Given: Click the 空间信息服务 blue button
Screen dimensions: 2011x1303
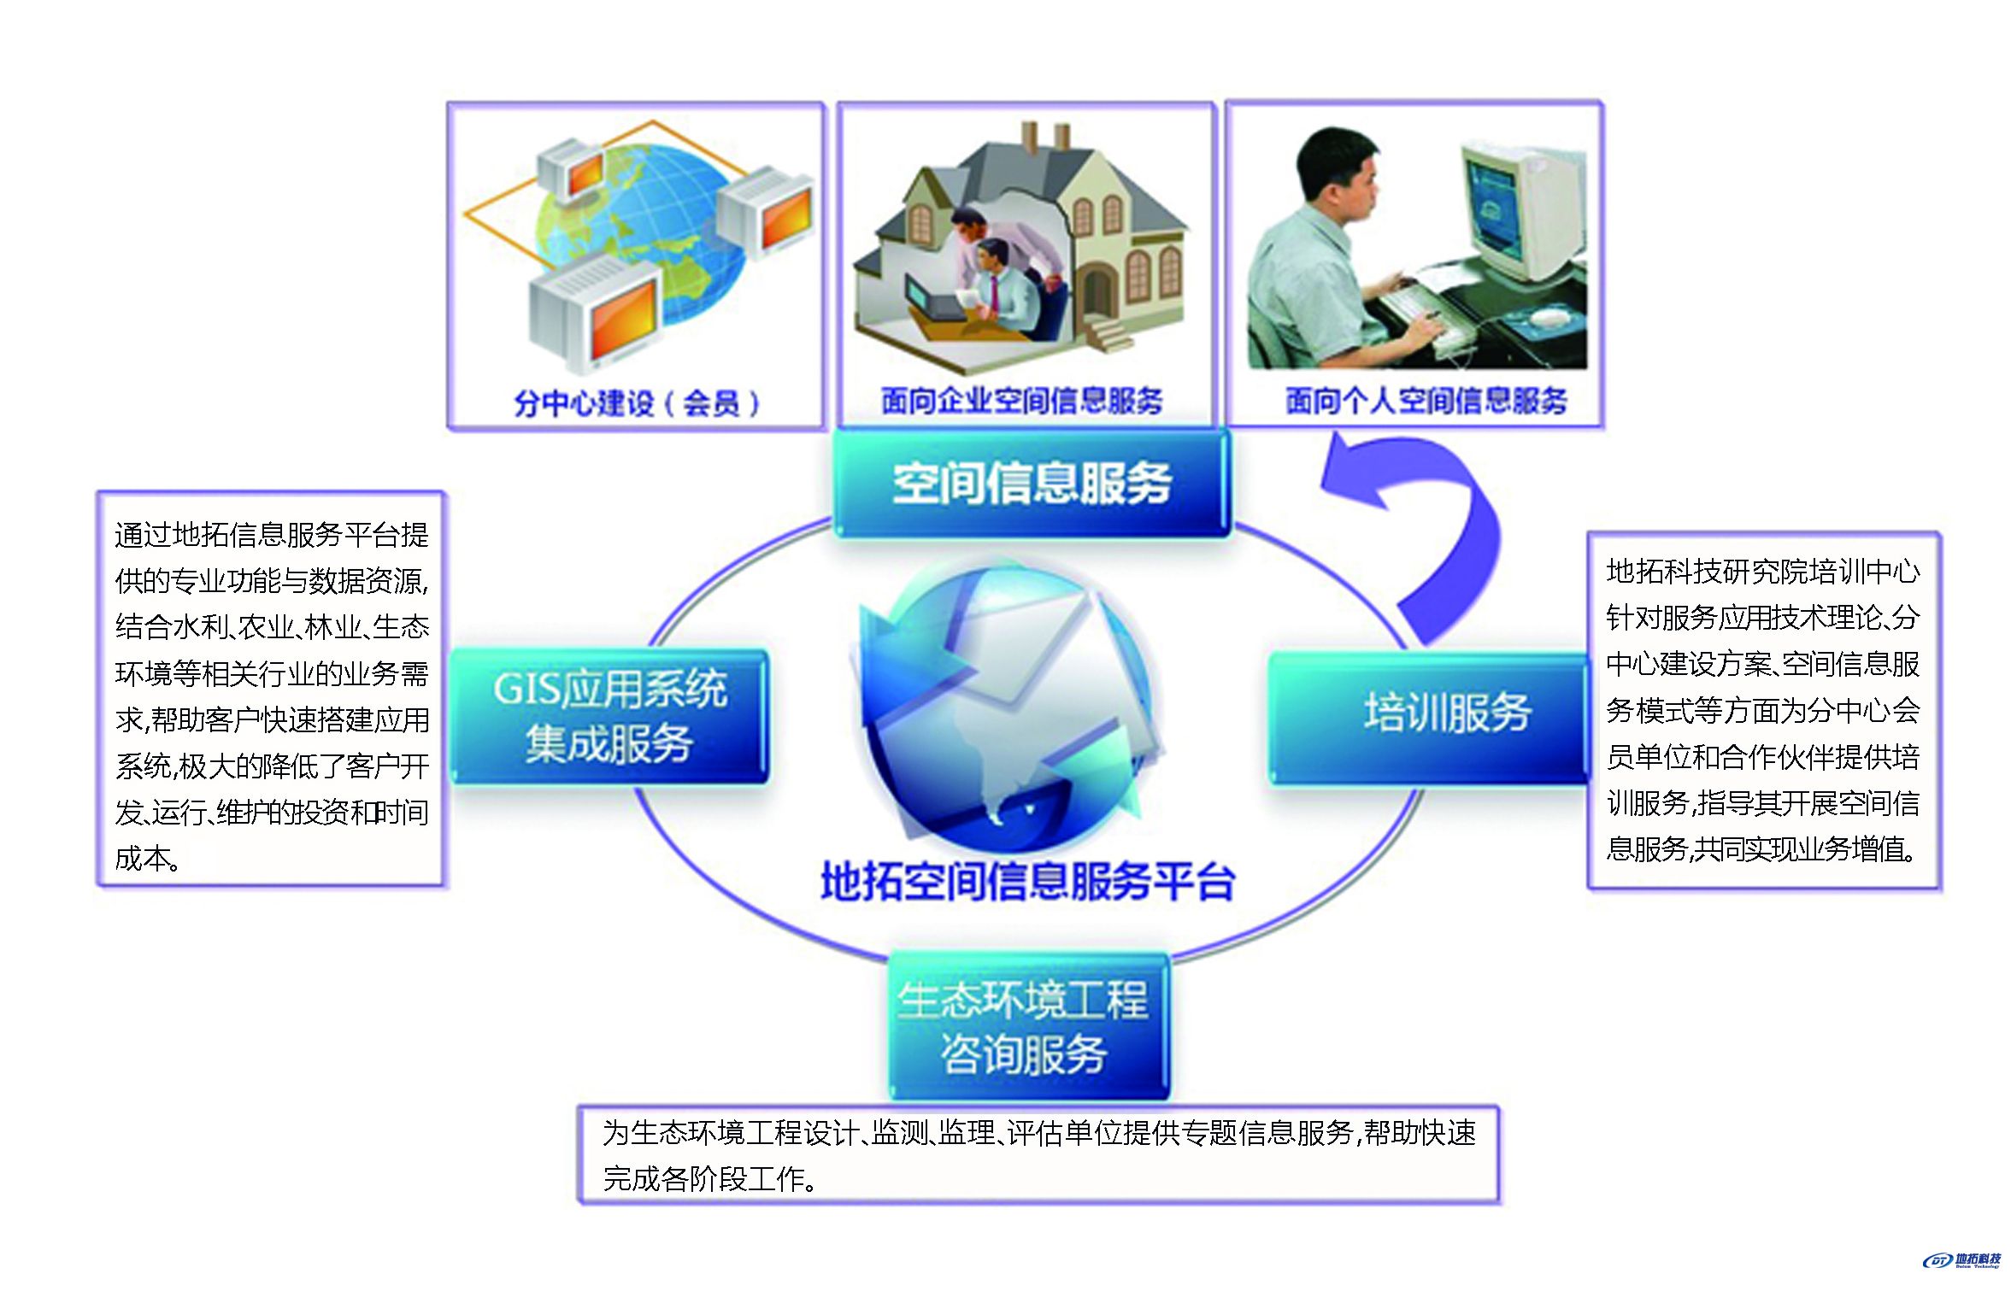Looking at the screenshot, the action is pos(1031,483).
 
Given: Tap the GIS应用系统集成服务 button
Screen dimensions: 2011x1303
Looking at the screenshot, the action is pos(609,716).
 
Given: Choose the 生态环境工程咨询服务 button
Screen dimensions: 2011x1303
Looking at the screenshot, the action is pos(1028,1026).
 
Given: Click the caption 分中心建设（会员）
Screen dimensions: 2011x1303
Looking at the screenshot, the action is pos(637,402).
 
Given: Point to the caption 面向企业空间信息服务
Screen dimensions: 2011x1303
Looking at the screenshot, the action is pos(1022,400).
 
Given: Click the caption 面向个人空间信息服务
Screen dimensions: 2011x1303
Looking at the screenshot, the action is pos(1426,400).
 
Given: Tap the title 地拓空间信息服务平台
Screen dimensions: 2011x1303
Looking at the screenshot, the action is pos(1028,881).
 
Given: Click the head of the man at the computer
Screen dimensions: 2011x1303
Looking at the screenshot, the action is pos(1338,175).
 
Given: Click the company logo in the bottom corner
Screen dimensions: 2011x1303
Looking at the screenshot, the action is pos(1962,1260).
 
